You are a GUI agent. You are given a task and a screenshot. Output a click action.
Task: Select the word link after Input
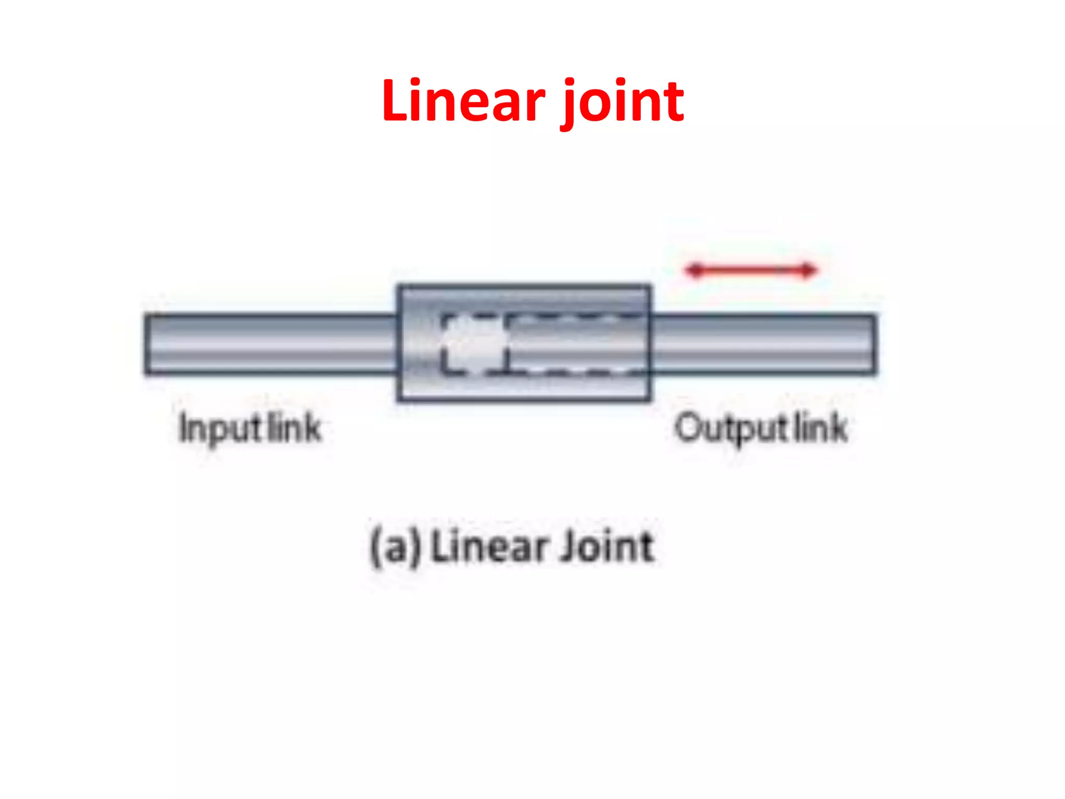click(x=294, y=428)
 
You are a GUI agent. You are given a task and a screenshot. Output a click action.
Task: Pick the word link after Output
click(x=821, y=428)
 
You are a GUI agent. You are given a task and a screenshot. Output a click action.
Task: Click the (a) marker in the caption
click(x=395, y=546)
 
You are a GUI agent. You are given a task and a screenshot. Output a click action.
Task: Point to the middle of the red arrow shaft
click(x=751, y=270)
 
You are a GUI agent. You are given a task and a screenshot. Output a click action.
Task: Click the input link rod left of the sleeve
click(x=270, y=344)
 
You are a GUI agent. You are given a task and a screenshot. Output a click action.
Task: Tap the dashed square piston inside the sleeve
click(x=474, y=344)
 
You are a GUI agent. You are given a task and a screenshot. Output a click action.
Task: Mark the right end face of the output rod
click(x=875, y=344)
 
